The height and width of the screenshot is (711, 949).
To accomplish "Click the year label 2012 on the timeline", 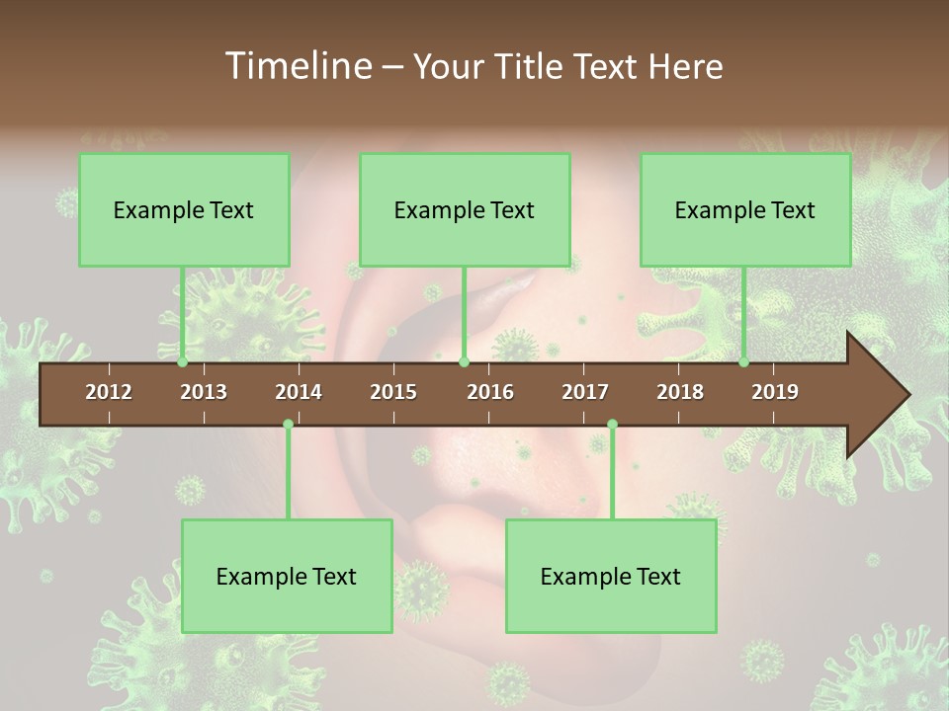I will [x=109, y=392].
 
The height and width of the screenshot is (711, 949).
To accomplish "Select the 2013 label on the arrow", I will [x=204, y=392].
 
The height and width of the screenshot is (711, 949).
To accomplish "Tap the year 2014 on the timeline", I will [x=299, y=392].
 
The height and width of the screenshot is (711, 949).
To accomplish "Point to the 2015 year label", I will [x=393, y=392].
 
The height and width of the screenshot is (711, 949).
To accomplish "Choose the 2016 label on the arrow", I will [x=490, y=392].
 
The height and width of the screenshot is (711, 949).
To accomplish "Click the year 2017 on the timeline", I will [x=585, y=392].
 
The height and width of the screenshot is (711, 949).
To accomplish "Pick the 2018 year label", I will [x=680, y=392].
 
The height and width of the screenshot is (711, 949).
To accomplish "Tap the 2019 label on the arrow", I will [x=775, y=392].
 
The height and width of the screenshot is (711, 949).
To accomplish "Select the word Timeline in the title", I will [x=297, y=66].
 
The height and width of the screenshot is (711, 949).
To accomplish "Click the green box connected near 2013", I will [x=184, y=209].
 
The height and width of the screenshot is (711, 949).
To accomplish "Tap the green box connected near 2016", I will [x=465, y=209].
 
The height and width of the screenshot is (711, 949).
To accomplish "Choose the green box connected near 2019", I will [x=745, y=209].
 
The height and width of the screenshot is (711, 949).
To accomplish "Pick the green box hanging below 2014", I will [x=287, y=576].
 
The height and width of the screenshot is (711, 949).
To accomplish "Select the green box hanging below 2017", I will [x=611, y=576].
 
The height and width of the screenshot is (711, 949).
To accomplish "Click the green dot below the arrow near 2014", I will [x=288, y=424].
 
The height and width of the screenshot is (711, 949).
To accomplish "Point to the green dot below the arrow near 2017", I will [x=612, y=424].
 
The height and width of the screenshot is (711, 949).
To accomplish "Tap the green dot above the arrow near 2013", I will [x=183, y=362].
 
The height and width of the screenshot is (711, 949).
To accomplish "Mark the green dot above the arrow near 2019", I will [x=744, y=362].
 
